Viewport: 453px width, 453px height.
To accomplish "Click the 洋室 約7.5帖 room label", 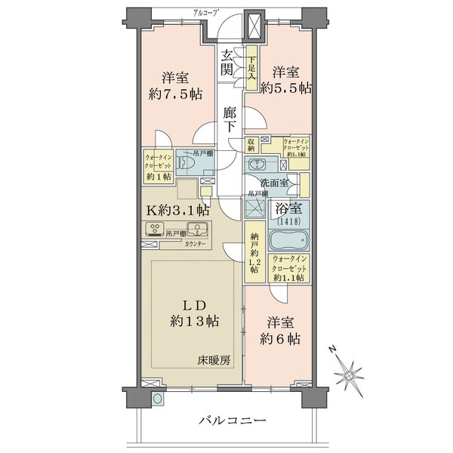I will click(x=174, y=85).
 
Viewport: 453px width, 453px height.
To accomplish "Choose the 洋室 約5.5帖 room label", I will click(x=286, y=80).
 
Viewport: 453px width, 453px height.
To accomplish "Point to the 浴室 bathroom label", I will click(x=288, y=212).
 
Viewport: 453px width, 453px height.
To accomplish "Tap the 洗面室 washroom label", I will click(x=274, y=183).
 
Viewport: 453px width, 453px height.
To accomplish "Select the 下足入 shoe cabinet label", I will click(x=252, y=66).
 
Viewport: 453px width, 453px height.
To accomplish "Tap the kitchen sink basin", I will click(x=198, y=231).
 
